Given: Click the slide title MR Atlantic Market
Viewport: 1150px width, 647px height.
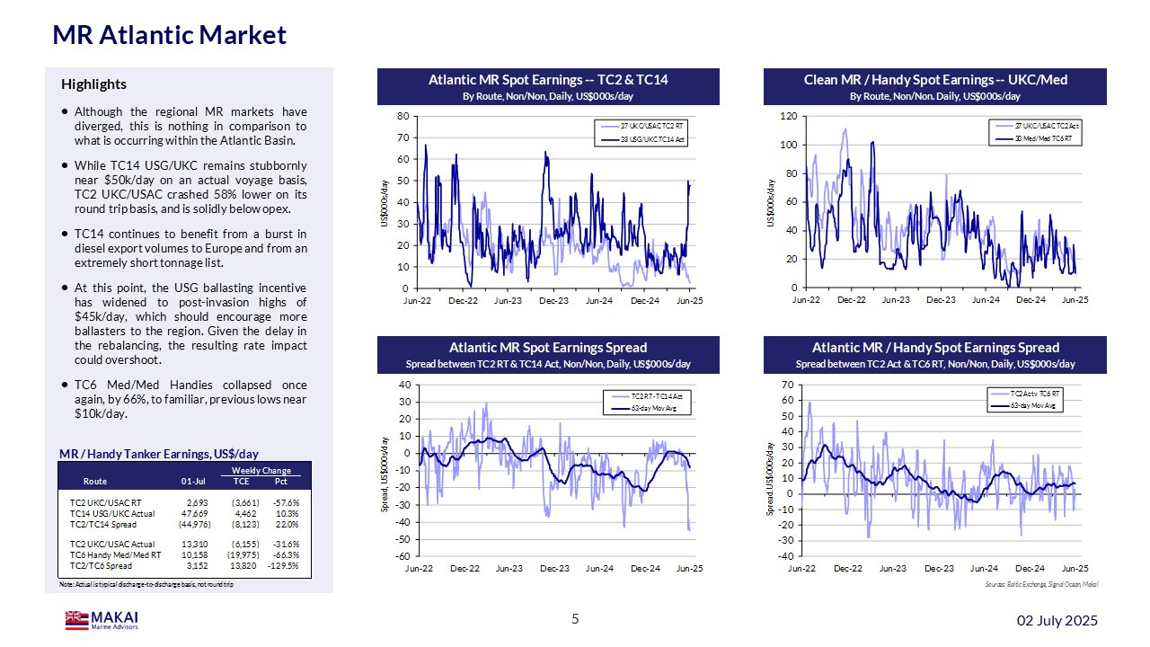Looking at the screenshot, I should [x=170, y=35].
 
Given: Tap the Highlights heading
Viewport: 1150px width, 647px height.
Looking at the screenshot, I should [x=93, y=84].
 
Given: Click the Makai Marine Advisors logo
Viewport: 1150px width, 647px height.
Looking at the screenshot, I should [x=102, y=620].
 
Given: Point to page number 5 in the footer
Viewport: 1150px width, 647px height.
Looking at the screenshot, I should [x=575, y=619].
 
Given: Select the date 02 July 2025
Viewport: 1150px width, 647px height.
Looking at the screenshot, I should [x=1057, y=621].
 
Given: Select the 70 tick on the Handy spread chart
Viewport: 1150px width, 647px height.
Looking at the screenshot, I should [x=788, y=385].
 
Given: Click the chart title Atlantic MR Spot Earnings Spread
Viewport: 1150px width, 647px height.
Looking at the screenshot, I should [x=548, y=348].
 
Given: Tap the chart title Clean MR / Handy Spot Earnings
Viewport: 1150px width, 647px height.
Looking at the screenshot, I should [x=935, y=81].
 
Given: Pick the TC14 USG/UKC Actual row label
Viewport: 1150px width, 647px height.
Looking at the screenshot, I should [x=112, y=513].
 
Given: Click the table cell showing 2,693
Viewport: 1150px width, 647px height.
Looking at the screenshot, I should [x=196, y=501].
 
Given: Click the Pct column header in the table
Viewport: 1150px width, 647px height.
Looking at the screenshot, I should [x=280, y=481].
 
